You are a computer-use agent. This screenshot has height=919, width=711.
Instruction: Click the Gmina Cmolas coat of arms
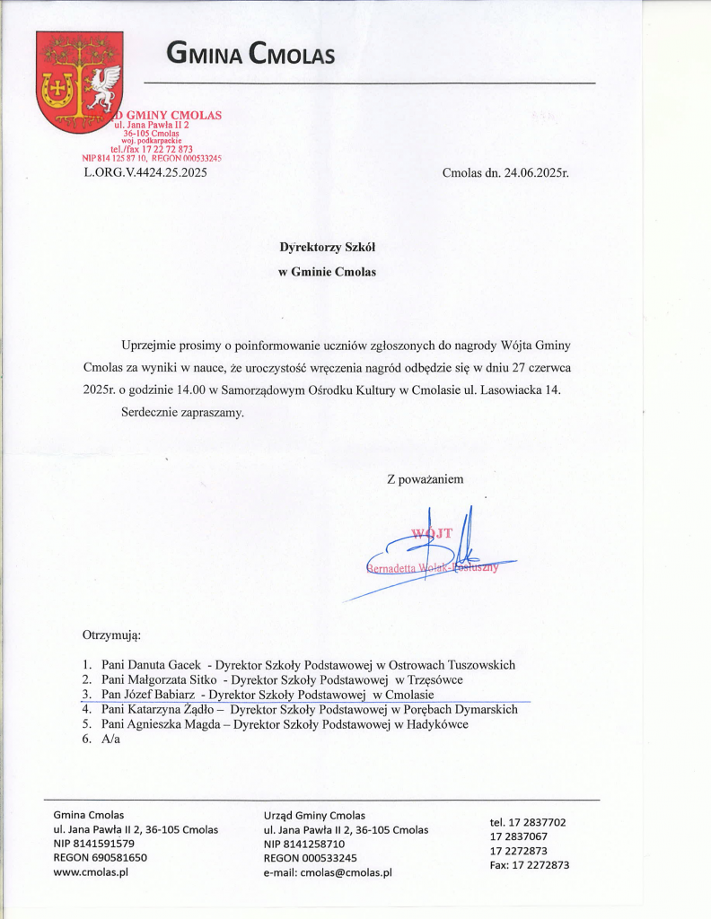tap(79, 81)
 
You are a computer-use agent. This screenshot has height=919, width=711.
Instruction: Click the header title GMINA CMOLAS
tap(250, 56)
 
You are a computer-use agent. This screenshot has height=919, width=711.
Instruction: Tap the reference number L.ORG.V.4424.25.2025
tap(145, 173)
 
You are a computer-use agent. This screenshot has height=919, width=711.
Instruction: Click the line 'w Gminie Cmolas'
tap(327, 272)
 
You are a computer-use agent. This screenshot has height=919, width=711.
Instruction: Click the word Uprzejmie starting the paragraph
tap(149, 346)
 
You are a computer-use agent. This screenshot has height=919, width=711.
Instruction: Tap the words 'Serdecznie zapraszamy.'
tap(182, 413)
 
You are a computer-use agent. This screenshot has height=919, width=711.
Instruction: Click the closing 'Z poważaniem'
tap(426, 479)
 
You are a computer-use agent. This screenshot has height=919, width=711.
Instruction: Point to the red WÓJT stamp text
tap(432, 534)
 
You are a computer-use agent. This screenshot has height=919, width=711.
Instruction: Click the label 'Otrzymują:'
tap(112, 635)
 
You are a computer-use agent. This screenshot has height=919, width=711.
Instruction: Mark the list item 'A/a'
tap(111, 739)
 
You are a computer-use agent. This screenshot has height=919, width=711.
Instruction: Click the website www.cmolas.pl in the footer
tap(92, 871)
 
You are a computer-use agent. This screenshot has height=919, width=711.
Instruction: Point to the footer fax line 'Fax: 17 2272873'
tap(529, 865)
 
